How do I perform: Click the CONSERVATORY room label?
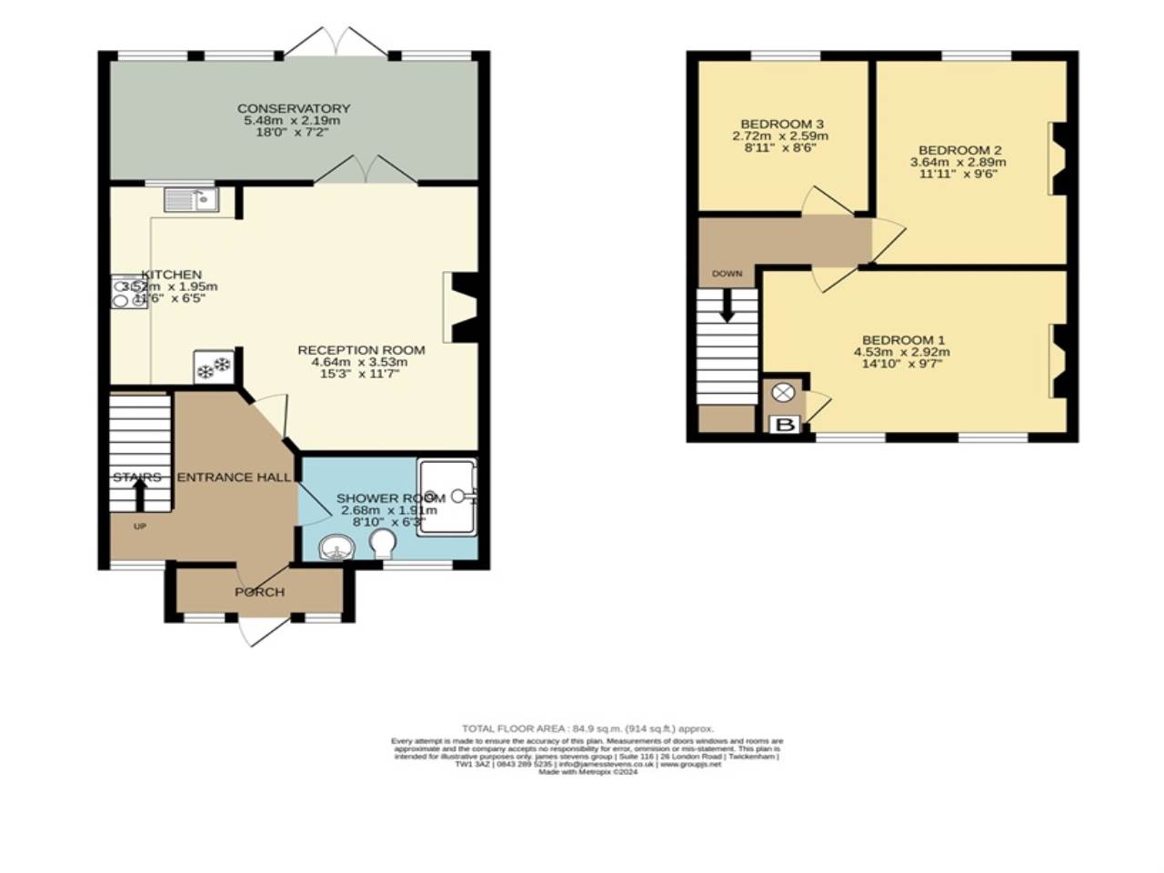[x=293, y=108]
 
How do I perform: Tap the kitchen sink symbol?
[x=191, y=199]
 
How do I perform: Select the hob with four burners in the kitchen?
[x=129, y=292]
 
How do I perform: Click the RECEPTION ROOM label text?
[x=361, y=350]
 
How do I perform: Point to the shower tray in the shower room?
[x=447, y=497]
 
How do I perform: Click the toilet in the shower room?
[x=383, y=544]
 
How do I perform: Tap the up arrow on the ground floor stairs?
[x=140, y=494]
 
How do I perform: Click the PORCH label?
[x=259, y=592]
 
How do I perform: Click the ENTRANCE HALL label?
[x=234, y=477]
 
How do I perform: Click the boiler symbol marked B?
[x=784, y=425]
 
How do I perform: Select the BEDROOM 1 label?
[x=901, y=340]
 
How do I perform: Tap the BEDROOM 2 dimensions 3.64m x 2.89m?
[x=958, y=162]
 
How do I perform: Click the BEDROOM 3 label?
[x=781, y=124]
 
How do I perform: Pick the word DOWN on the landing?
[x=727, y=274]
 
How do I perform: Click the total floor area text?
[x=587, y=728]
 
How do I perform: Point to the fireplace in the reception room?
[x=463, y=307]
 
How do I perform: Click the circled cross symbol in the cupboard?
[x=782, y=393]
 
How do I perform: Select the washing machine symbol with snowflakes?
[x=215, y=367]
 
